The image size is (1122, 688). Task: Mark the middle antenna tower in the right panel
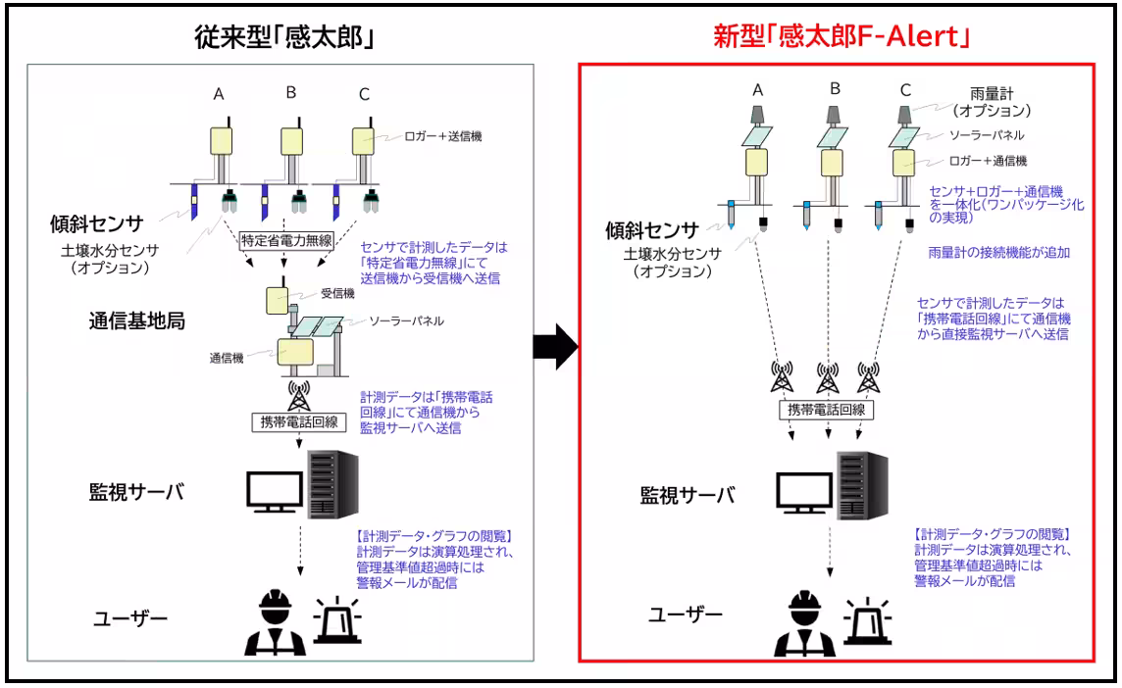(x=828, y=377)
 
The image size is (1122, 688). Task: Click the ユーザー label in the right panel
(x=685, y=614)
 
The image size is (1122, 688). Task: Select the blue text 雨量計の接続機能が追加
(x=997, y=252)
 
